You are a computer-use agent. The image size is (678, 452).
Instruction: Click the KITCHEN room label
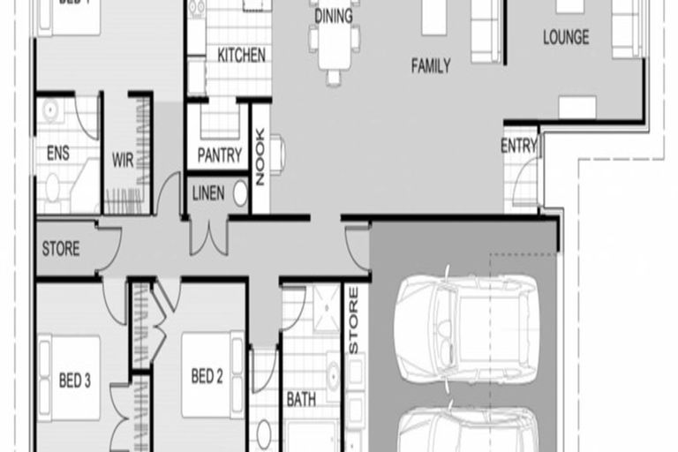(241, 55)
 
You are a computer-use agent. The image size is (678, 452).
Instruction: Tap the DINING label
(333, 16)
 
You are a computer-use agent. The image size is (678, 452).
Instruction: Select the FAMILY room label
(431, 65)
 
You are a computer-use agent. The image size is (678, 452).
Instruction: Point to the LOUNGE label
(566, 38)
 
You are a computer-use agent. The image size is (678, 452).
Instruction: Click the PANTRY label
(219, 155)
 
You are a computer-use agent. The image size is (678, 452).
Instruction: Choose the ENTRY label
(518, 147)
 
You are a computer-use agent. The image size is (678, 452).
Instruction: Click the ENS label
(57, 154)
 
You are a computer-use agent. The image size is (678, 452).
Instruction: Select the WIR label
(123, 161)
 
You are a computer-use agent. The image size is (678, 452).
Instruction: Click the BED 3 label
(75, 380)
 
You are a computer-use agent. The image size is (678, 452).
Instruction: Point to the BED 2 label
(207, 377)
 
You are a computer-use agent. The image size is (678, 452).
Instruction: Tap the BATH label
(301, 399)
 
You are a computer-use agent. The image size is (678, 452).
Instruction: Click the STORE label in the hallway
(61, 249)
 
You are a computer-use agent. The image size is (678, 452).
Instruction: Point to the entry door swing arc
(523, 188)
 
